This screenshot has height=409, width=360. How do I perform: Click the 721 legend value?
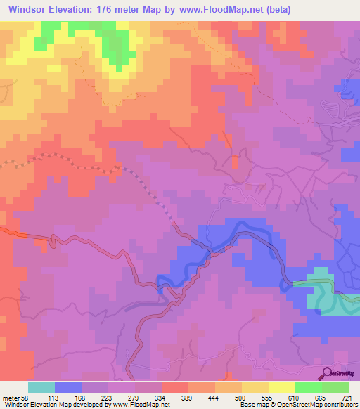point(347,397)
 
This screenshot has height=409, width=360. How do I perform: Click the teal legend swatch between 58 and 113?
point(41,387)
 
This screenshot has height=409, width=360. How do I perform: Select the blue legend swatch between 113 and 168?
point(67,387)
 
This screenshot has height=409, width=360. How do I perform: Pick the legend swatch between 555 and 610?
point(281,387)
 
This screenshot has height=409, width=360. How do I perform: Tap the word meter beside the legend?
point(10,397)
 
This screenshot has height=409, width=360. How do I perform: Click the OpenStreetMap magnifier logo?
point(328,373)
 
